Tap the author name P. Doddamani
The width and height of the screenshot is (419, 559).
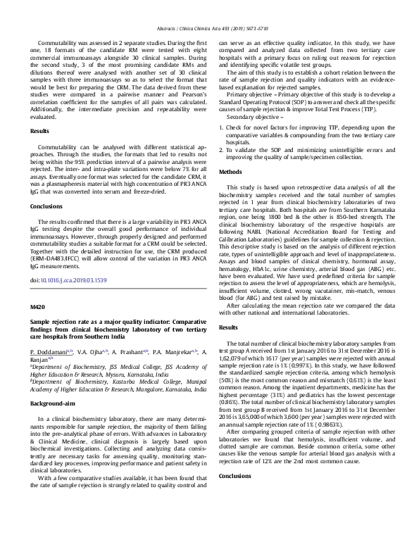[x=51, y=351]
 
